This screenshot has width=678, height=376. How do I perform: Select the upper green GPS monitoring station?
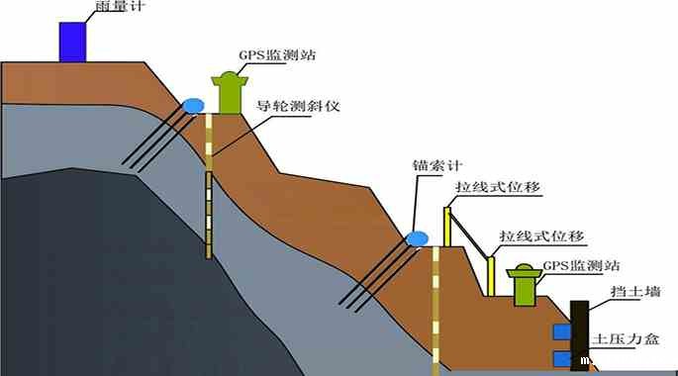[231, 96]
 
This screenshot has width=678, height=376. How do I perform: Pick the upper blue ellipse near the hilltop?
[192, 105]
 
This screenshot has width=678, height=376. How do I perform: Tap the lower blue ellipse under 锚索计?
[416, 238]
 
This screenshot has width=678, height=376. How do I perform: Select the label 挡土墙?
[635, 293]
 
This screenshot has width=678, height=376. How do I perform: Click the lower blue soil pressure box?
[562, 357]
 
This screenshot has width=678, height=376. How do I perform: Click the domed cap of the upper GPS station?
[231, 78]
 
